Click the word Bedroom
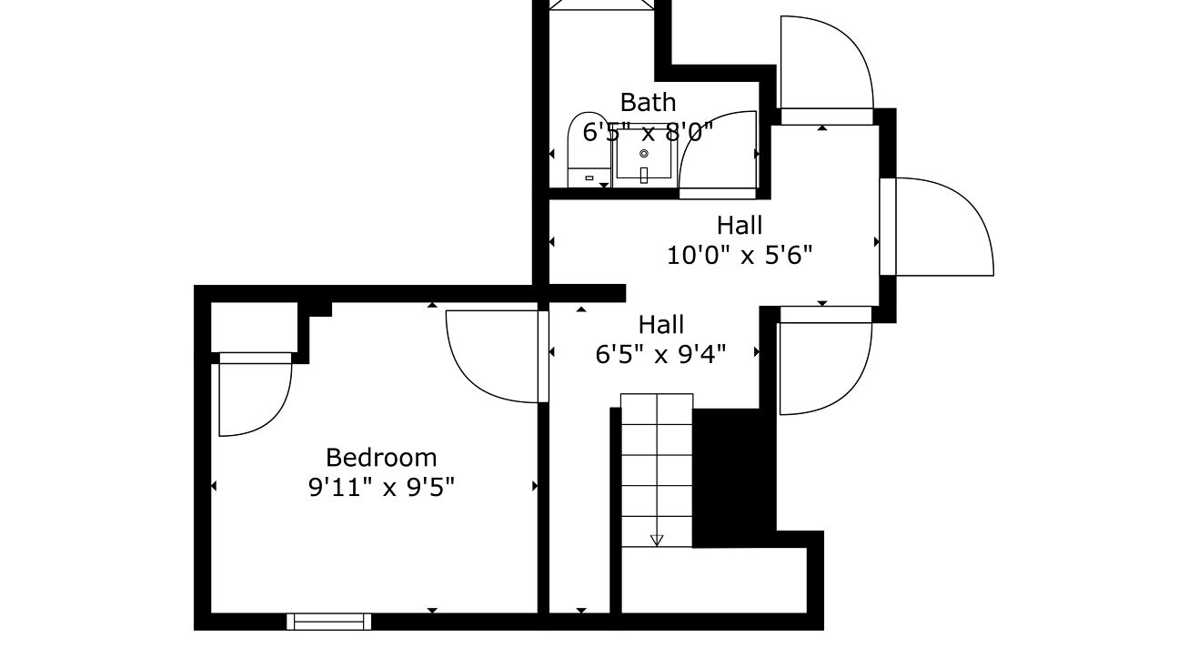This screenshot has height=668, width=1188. point(381,458)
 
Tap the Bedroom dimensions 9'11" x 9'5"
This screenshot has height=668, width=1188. point(381,487)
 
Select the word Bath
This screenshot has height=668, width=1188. point(648,103)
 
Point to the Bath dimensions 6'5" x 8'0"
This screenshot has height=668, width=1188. point(648,132)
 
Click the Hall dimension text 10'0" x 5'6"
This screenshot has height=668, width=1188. point(740,255)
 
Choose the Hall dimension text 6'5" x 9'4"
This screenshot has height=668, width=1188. point(660,354)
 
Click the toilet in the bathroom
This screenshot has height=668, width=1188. point(589,149)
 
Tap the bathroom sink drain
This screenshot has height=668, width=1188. point(644,154)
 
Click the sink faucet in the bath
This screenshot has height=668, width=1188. point(644,175)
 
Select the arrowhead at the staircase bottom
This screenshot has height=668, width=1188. point(657,540)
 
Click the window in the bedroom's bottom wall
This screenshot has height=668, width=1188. point(328,622)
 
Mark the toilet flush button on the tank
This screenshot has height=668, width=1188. point(589,178)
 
